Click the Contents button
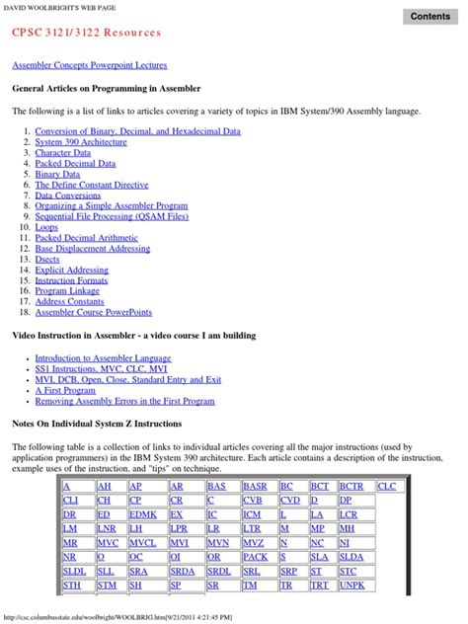pos(430,16)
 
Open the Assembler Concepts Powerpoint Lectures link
pos(89,65)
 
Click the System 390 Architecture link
pos(81,142)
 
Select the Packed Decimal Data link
pos(75,164)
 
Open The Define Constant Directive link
pos(92,185)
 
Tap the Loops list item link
pos(46,227)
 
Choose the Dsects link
pos(48,260)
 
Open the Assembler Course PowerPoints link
pos(94,312)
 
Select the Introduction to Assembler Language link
pos(103,358)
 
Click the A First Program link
pos(65,391)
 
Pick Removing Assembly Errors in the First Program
pos(124,402)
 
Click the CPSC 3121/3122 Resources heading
pos(86,33)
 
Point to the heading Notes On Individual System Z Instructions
pos(97,424)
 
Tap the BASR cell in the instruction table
pos(254,487)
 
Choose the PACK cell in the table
pos(254,557)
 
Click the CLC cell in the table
pos(386,487)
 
